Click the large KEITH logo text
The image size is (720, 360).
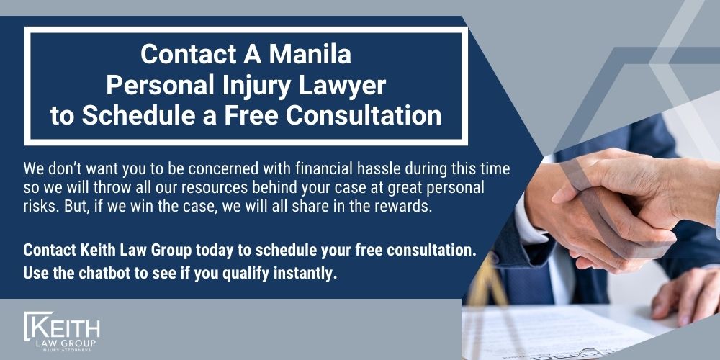coord(64,329)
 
